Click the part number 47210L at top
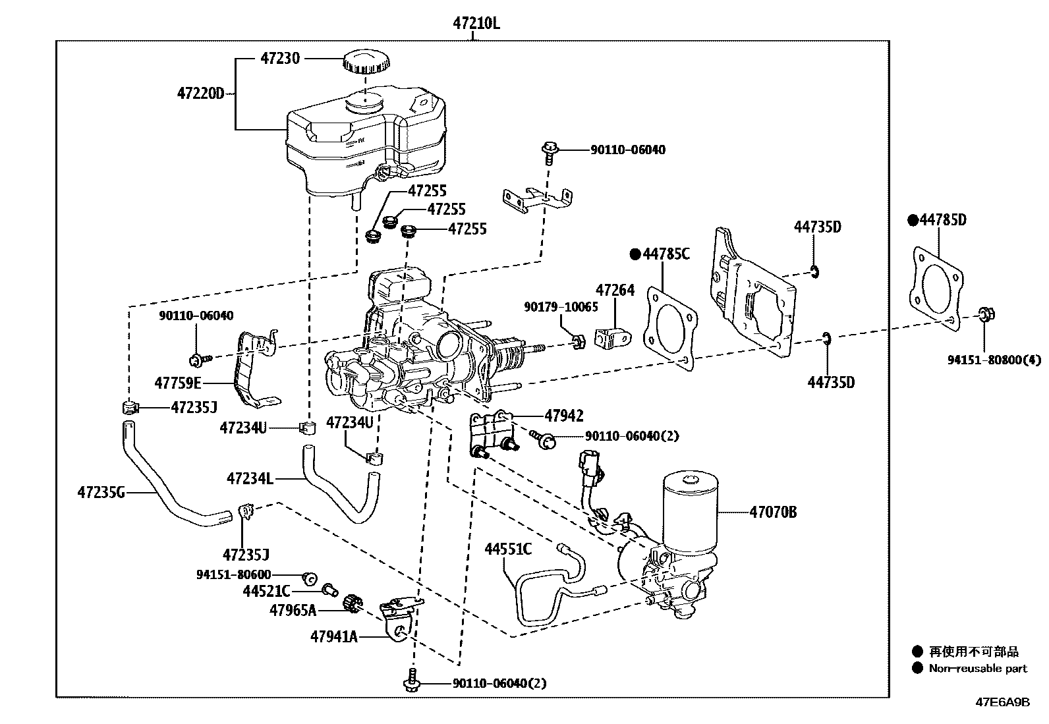(x=476, y=23)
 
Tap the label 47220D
(x=200, y=94)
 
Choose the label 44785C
(x=666, y=254)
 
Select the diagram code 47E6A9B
(x=1002, y=702)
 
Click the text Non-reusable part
(x=978, y=668)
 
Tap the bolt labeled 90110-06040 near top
(x=548, y=150)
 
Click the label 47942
(x=563, y=415)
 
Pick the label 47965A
(x=293, y=610)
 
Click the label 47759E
(x=178, y=382)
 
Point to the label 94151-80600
(x=233, y=574)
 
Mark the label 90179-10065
(x=561, y=307)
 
